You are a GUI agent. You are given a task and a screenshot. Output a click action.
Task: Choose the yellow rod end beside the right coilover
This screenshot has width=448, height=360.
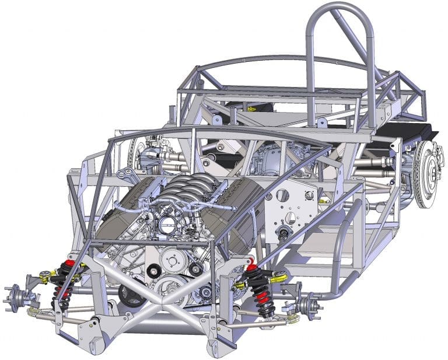coord(279,277)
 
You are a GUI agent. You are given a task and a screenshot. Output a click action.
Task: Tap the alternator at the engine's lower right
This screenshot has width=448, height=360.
coord(204,291)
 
